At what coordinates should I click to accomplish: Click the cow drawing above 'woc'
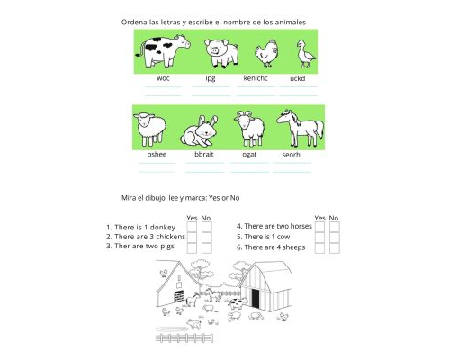(x=163, y=51)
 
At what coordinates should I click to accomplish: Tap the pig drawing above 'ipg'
(x=221, y=53)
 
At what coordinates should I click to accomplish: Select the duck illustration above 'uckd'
(x=306, y=54)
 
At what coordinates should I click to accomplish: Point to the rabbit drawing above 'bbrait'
(x=199, y=131)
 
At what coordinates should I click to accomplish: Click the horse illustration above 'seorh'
(x=300, y=128)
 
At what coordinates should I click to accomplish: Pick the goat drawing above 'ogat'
(x=249, y=128)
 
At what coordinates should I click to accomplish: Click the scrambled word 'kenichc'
(x=256, y=78)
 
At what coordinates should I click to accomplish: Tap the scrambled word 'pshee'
(x=157, y=155)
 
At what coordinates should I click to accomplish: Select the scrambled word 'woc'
(x=163, y=78)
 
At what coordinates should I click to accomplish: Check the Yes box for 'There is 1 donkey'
(x=192, y=227)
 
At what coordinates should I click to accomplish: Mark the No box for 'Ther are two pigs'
(x=207, y=247)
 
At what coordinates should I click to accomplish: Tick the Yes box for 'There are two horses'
(x=319, y=227)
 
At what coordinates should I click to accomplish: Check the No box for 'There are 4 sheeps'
(x=335, y=247)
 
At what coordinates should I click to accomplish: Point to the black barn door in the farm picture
(x=256, y=299)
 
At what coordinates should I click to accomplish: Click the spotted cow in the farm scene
(x=238, y=303)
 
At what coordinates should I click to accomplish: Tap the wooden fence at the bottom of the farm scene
(x=184, y=338)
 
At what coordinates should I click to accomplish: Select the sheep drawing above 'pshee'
(x=150, y=129)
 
